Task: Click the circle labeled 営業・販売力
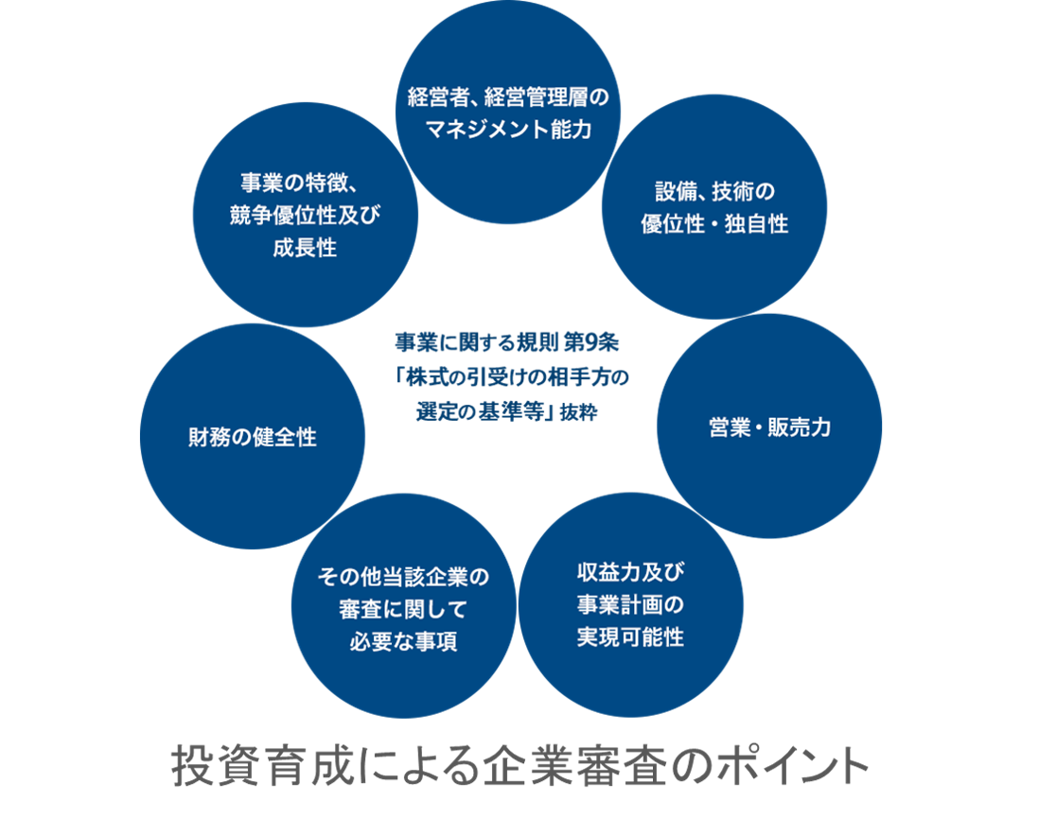pos(768,427)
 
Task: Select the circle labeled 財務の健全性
pos(252,437)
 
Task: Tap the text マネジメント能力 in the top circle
pos(507,130)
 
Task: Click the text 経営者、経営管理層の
pos(507,97)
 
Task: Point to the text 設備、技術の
pos(714,193)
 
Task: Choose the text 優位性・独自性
pos(714,225)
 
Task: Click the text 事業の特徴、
pos(304,182)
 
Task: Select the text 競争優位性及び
pos(304,216)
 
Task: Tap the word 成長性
pos(304,249)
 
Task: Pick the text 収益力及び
pos(630,571)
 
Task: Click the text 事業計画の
pos(630,604)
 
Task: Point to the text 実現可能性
pos(630,636)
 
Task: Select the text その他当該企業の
pos(403,577)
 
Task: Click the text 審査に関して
pos(403,609)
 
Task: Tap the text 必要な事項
pos(403,642)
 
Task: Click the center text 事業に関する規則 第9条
pos(507,339)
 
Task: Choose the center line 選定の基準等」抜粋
pos(507,412)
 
